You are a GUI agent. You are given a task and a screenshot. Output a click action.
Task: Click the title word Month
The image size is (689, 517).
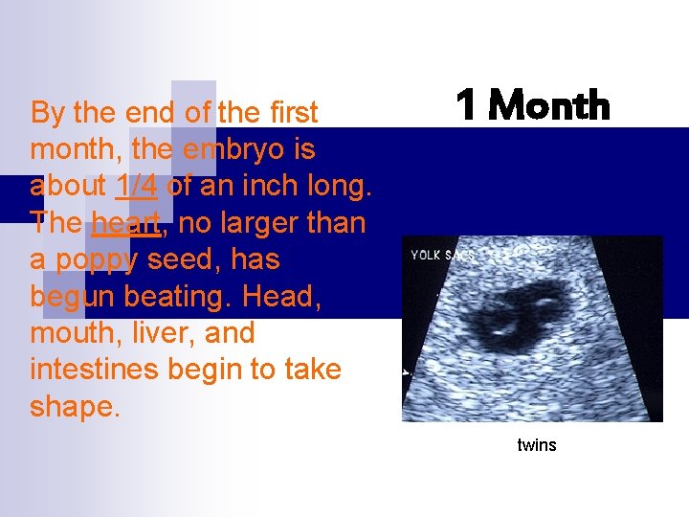coord(549,105)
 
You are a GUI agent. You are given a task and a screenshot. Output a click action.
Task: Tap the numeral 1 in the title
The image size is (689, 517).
coord(466,105)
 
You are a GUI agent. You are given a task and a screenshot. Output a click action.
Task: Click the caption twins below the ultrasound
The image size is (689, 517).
coord(536,445)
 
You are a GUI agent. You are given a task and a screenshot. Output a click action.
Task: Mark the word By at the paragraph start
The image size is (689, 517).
coord(47,113)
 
